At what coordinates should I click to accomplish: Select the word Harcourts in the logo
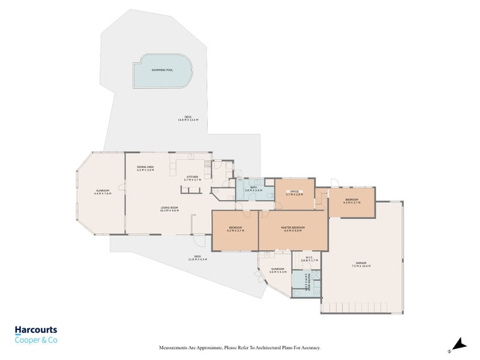tap(37, 329)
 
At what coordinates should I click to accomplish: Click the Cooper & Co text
tap(36, 340)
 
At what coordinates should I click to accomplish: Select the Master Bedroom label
tap(293, 228)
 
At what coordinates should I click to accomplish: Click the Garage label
tap(362, 263)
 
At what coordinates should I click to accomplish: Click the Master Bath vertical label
tap(307, 281)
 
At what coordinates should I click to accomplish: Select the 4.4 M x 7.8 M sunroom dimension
tap(103, 194)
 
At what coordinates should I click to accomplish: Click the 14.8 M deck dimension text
tap(188, 120)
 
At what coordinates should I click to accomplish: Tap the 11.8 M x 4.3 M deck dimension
tap(197, 259)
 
